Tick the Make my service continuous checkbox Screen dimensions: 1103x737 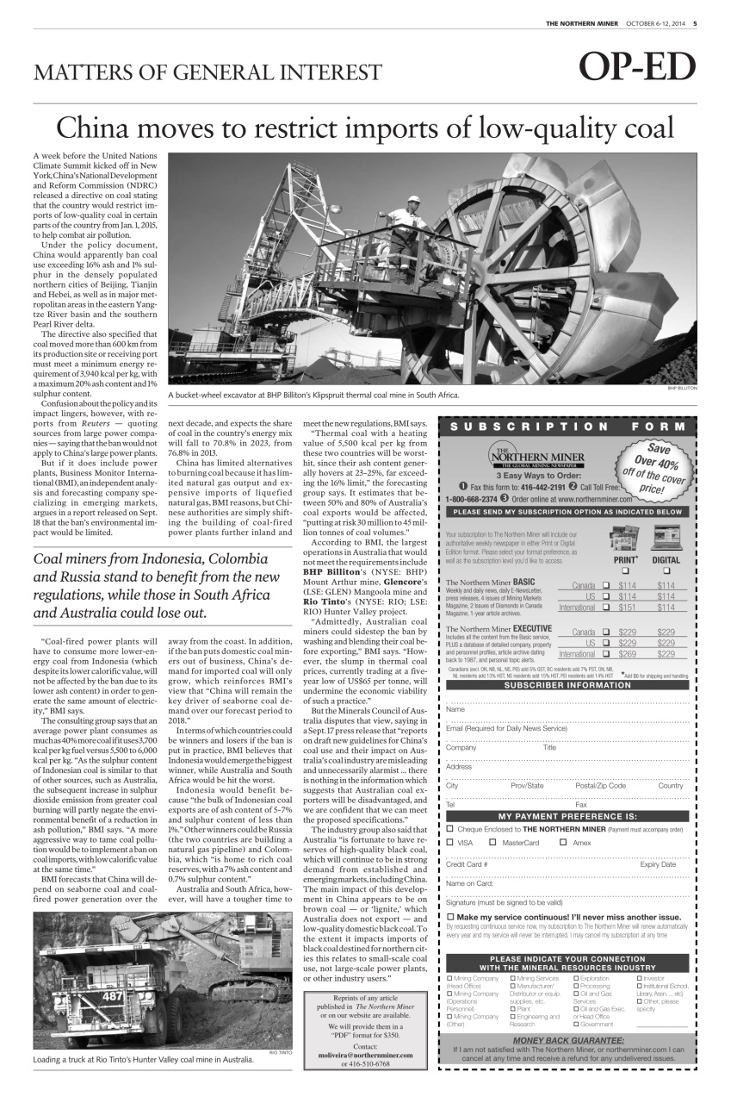click(x=449, y=917)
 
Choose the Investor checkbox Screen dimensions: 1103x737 click(x=639, y=978)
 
